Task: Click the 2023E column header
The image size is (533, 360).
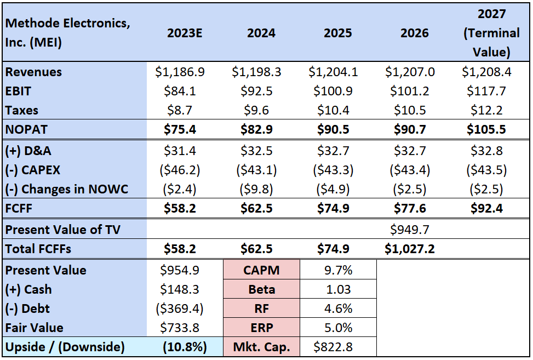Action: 184,33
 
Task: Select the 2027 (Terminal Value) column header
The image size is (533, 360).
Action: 491,33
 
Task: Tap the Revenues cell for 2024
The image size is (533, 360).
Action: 257,72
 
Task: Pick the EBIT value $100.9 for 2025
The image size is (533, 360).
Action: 333,91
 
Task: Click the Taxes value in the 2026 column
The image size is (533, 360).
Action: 410,110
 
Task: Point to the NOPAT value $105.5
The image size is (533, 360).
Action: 486,129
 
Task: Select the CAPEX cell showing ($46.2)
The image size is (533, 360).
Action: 180,170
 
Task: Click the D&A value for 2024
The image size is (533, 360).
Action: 257,151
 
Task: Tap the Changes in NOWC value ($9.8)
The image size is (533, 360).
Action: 256,189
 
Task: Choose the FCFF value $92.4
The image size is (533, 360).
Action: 486,208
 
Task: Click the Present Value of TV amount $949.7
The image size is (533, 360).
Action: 410,230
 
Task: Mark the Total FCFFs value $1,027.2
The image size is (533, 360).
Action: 410,249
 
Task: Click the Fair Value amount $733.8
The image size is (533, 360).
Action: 180,328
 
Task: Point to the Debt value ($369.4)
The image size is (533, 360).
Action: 180,308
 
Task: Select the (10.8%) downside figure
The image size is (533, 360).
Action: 185,347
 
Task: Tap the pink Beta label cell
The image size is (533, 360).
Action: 262,289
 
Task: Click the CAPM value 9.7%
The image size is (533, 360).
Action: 338,270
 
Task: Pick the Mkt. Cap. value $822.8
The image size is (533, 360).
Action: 333,347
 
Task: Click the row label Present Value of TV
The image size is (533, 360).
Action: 63,230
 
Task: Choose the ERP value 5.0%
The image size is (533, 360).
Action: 338,328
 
